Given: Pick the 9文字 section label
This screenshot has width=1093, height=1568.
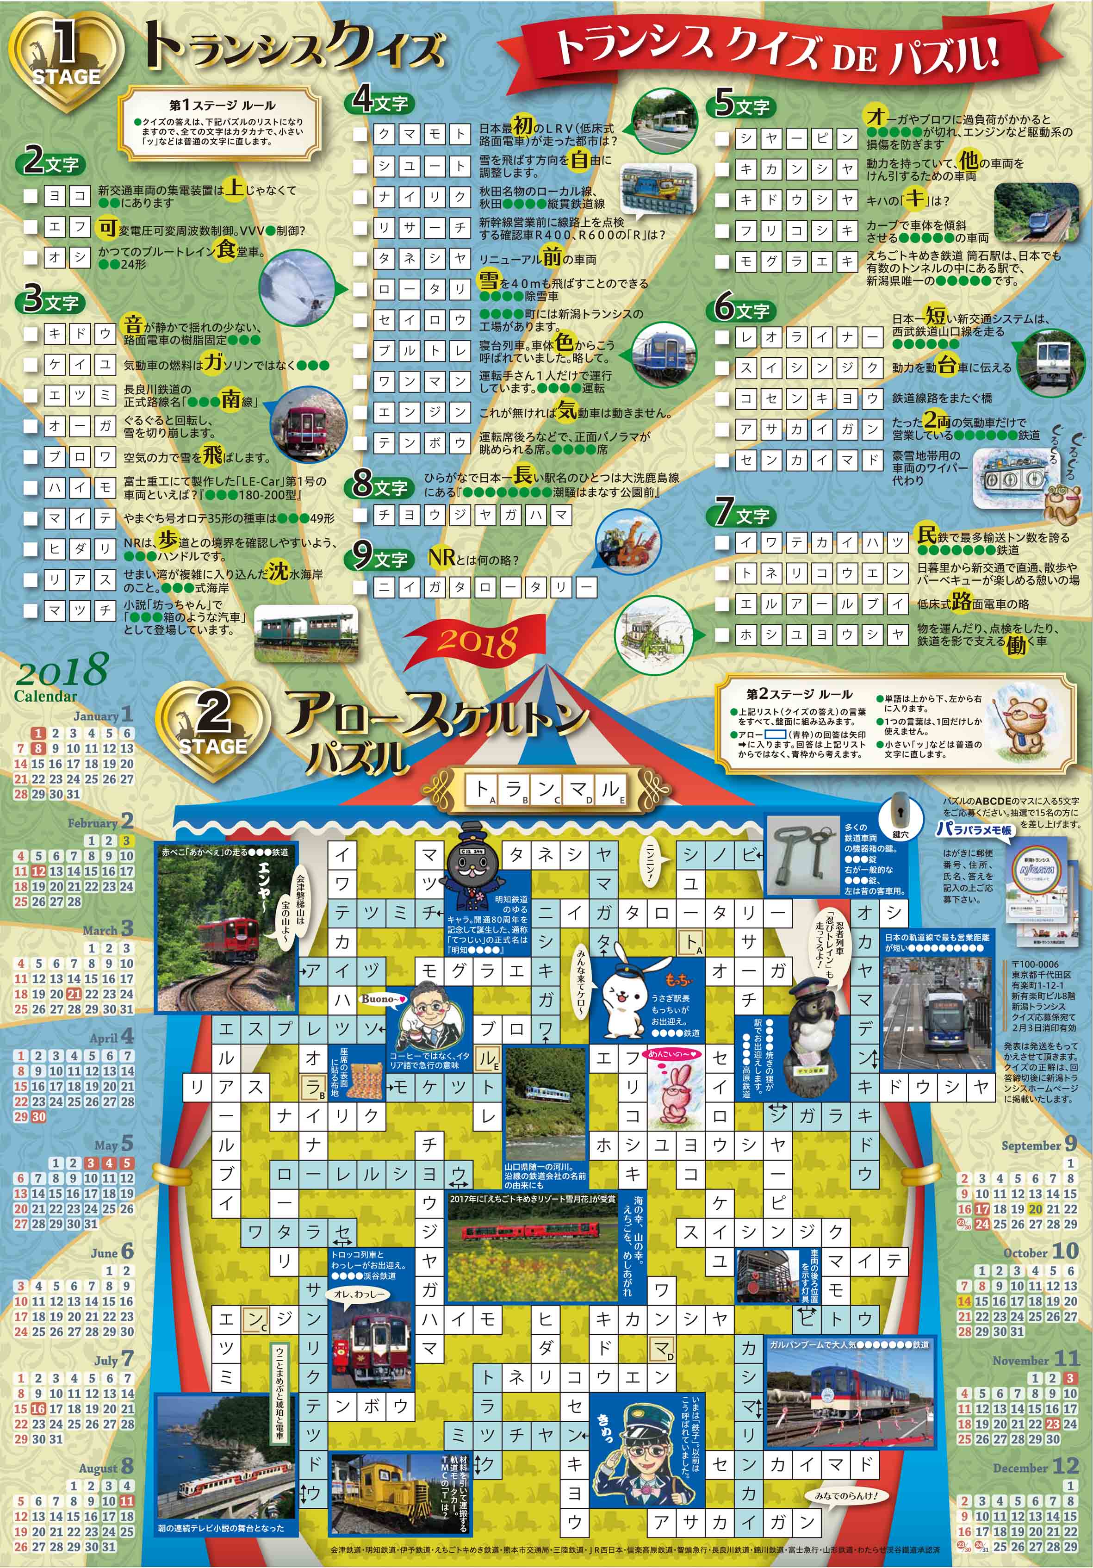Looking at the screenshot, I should (x=379, y=558).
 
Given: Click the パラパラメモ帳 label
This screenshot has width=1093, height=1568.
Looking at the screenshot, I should (x=974, y=830).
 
